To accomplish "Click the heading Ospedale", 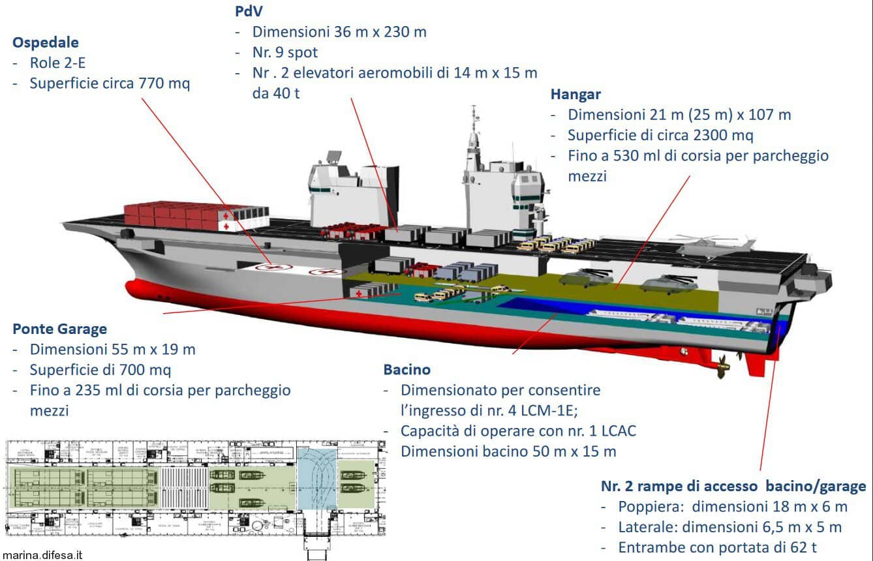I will pyautogui.click(x=46, y=42).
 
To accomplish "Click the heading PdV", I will pyautogui.click(x=249, y=11).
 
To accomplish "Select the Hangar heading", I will pyautogui.click(x=575, y=94).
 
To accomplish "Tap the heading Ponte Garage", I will pyautogui.click(x=59, y=329).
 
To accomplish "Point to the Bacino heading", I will pyautogui.click(x=407, y=369).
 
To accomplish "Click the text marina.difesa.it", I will pyautogui.click(x=42, y=554).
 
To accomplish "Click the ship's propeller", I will pyautogui.click(x=723, y=369).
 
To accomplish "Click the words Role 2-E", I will pyautogui.click(x=57, y=63).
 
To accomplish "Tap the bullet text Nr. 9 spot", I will pyautogui.click(x=285, y=52).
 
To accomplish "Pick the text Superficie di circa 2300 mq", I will pyautogui.click(x=660, y=135).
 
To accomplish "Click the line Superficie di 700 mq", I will pyautogui.click(x=100, y=370).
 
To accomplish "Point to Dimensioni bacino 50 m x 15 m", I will pyautogui.click(x=508, y=451).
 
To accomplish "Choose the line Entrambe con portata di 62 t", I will pyautogui.click(x=716, y=547).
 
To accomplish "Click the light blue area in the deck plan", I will pyautogui.click(x=316, y=476).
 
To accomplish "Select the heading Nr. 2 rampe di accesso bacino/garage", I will pyautogui.click(x=733, y=486).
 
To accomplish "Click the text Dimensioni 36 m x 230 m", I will pyautogui.click(x=339, y=31).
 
